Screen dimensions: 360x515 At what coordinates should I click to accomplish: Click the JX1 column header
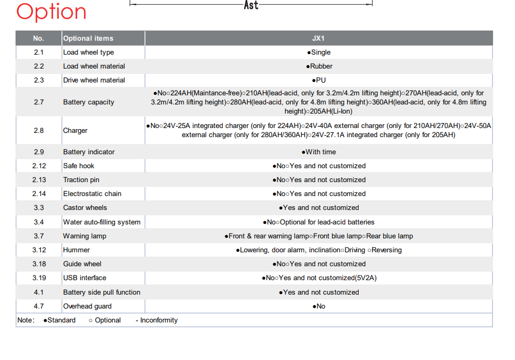(319, 39)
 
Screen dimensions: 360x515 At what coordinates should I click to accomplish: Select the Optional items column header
(88, 39)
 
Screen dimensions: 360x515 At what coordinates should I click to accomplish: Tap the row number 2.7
(39, 102)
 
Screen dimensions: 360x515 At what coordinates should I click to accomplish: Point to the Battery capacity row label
(88, 102)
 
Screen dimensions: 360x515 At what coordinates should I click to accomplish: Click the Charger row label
(75, 131)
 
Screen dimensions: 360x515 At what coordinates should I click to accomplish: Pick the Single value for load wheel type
(319, 52)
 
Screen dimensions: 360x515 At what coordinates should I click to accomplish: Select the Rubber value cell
(319, 66)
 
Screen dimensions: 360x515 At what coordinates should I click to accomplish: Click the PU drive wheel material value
(319, 80)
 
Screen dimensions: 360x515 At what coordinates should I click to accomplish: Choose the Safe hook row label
(79, 166)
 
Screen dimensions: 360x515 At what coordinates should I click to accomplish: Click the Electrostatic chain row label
(92, 194)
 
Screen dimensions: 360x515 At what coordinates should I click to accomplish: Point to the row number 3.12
(39, 250)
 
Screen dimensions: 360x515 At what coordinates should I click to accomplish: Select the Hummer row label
(77, 250)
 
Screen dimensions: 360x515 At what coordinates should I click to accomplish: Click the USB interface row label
(85, 278)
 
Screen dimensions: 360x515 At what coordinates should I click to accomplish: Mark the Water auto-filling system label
(102, 222)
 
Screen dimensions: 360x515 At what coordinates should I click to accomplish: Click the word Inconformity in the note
(159, 320)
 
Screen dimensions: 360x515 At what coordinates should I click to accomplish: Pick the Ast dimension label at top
(251, 5)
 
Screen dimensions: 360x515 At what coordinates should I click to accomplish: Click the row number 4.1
(39, 292)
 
